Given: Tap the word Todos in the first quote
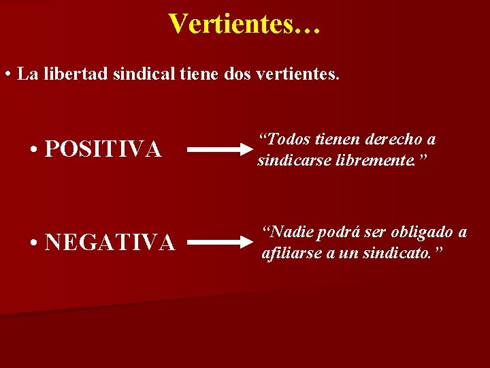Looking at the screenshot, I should [286, 140].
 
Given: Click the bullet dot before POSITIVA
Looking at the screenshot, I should [34, 149].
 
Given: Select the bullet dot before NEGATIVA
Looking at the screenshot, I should [34, 242].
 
